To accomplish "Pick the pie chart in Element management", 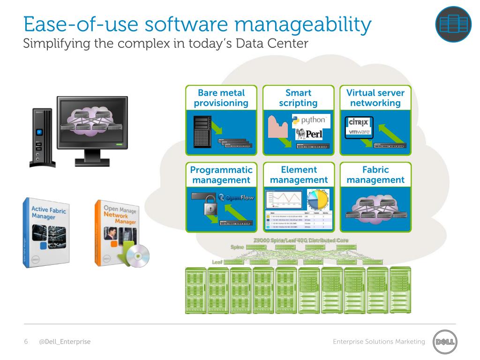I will point(319,199).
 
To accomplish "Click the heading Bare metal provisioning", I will point(221,98).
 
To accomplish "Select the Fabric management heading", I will point(375,174).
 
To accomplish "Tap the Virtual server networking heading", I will point(375,98).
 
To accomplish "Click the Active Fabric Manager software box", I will point(48,233).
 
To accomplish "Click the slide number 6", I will point(26,342).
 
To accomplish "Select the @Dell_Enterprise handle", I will point(65,342).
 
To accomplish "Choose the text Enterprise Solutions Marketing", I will point(379,342).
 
